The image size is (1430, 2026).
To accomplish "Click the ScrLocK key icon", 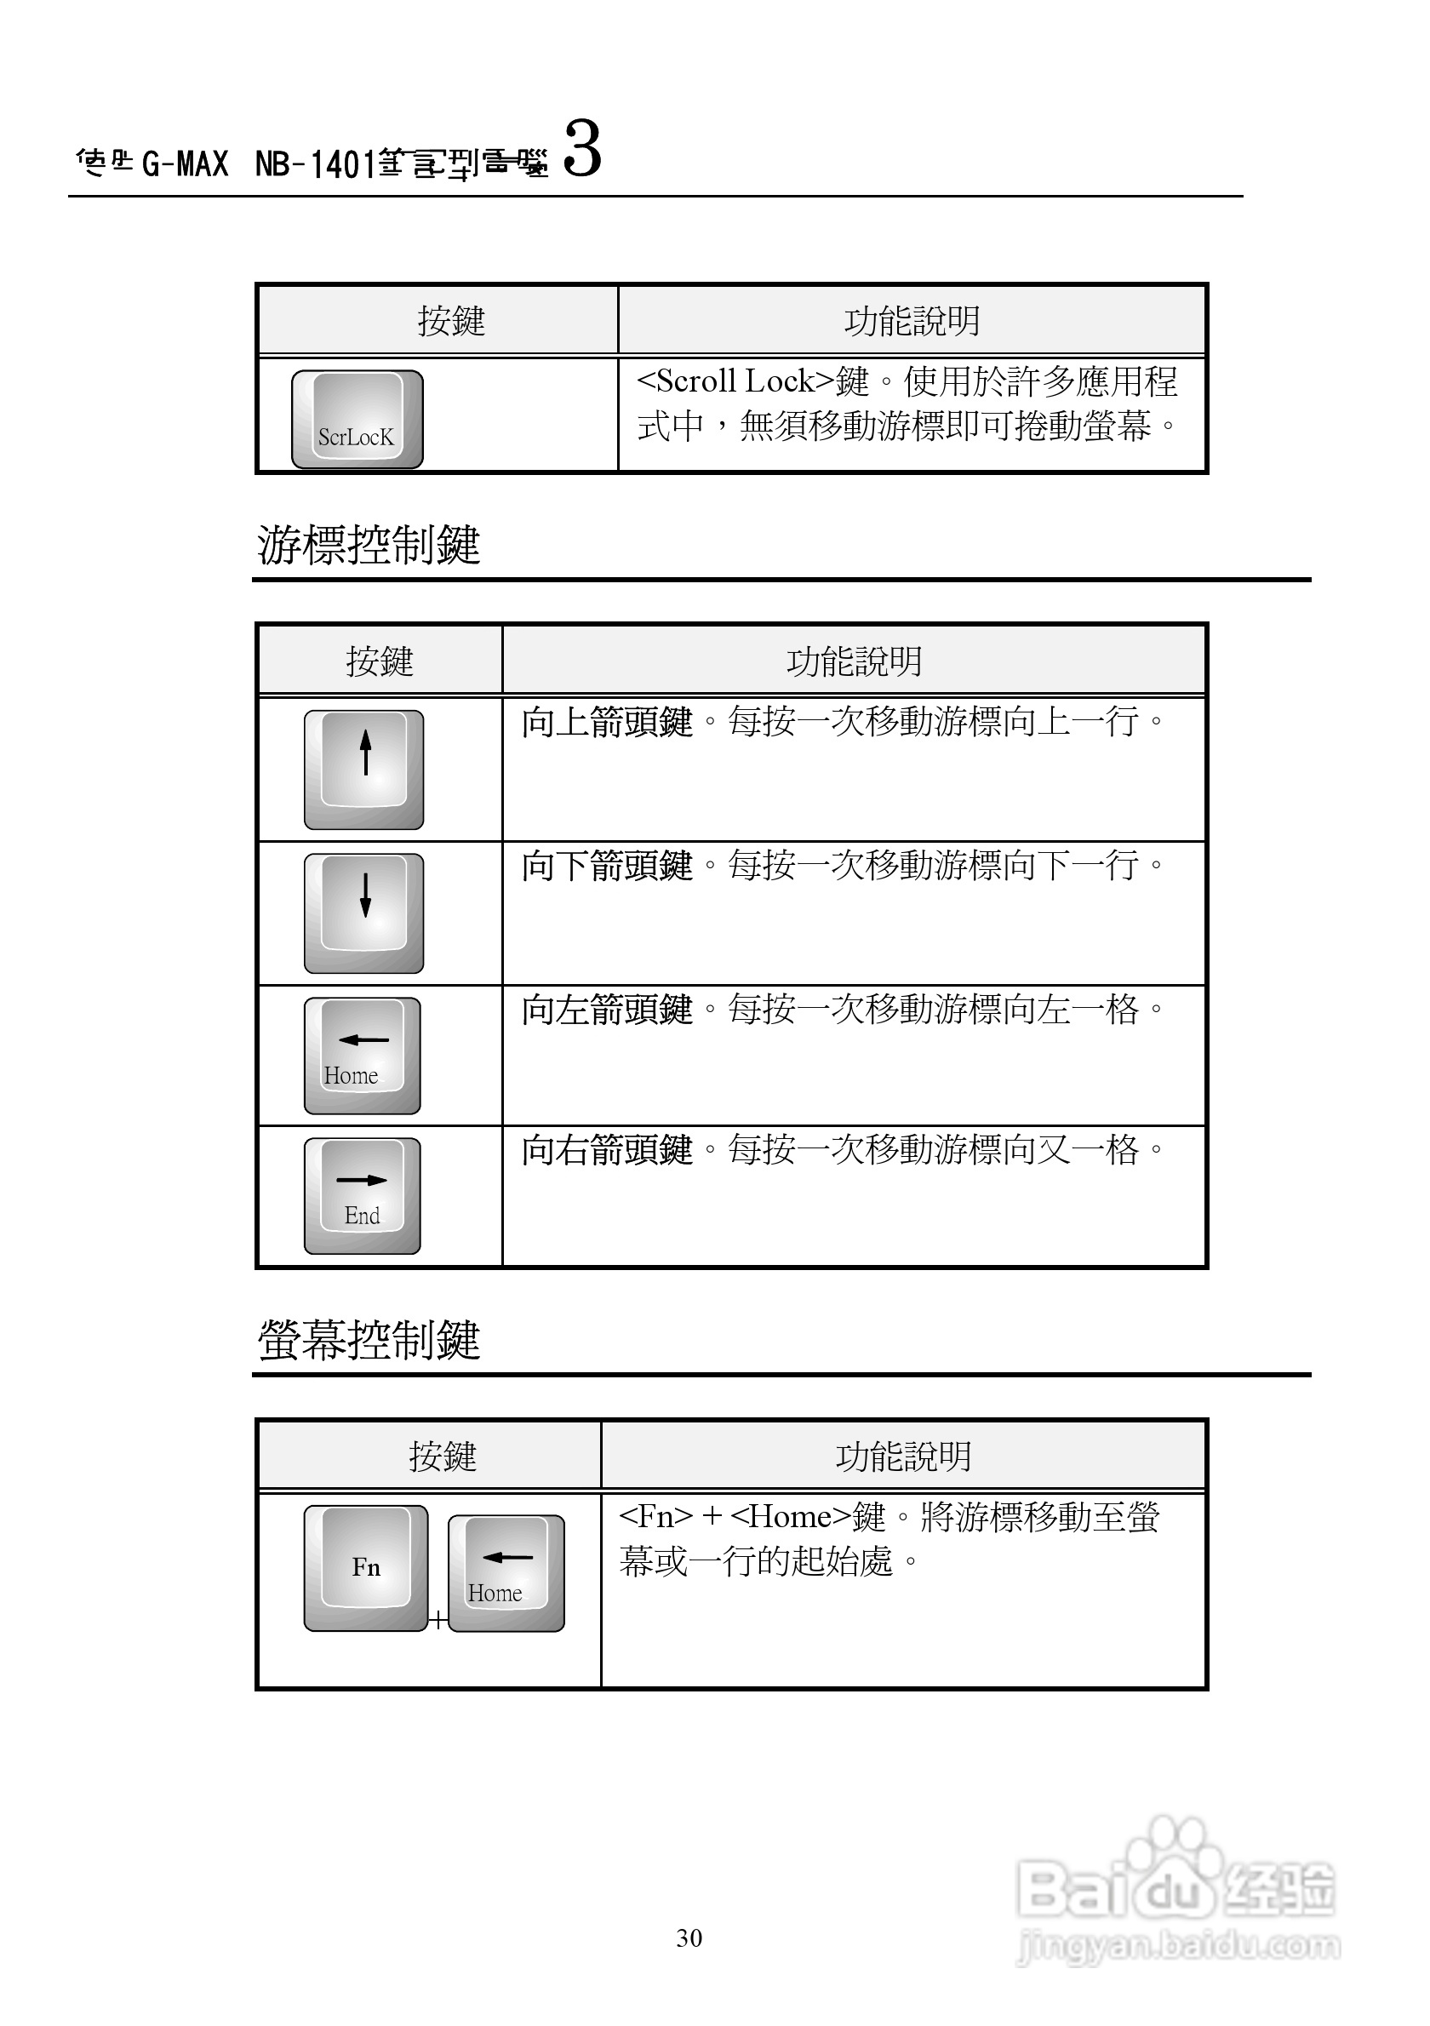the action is (x=357, y=419).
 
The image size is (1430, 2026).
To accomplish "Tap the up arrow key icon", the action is (x=363, y=770).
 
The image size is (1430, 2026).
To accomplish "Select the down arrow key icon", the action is (x=363, y=913).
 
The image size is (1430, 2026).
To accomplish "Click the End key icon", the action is (x=362, y=1196).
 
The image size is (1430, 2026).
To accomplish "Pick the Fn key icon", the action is (x=365, y=1568).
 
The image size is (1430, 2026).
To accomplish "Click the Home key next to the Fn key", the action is (x=506, y=1573).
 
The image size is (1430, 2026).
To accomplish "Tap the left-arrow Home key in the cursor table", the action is (x=362, y=1056).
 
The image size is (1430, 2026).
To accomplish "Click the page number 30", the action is (x=689, y=1937).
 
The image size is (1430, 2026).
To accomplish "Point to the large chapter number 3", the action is (x=582, y=149).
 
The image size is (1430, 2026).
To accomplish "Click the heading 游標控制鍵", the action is (x=369, y=545).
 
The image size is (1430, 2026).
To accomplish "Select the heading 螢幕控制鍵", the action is (x=369, y=1340).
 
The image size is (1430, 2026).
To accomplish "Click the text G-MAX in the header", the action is (x=186, y=164).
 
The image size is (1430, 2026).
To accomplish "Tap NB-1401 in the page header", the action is (x=316, y=164).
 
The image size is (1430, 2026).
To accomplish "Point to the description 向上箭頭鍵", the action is (x=607, y=722).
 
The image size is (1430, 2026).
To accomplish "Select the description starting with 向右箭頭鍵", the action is (x=843, y=1150).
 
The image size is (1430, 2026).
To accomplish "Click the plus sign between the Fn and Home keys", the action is (x=438, y=1620).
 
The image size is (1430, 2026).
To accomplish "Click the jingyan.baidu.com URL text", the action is (x=1179, y=1946).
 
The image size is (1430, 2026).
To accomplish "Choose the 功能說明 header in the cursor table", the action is (x=854, y=661).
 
